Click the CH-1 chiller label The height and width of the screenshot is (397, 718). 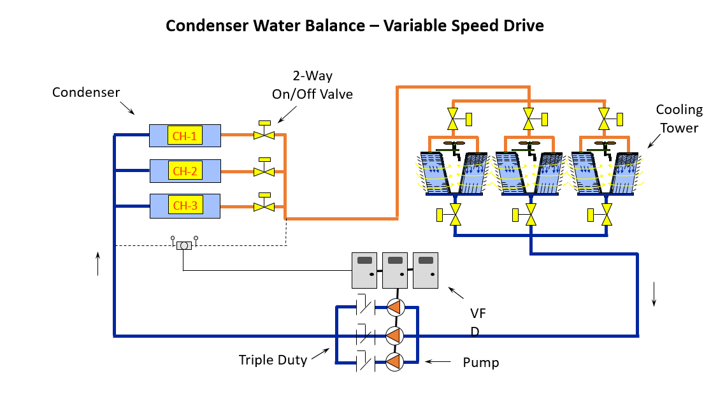pos(185,136)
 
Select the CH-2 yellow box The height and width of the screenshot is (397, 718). pos(185,171)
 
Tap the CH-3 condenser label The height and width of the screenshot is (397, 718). pos(185,205)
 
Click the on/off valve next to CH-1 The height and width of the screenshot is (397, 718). pos(264,131)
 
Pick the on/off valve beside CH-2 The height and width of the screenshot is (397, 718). pos(264,168)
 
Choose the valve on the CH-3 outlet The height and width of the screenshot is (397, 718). pos(264,203)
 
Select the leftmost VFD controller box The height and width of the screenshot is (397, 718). pos(364,270)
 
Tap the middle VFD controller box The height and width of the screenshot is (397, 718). pos(395,270)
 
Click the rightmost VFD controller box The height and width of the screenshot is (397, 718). pos(426,270)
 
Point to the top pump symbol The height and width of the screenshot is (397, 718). pos(395,307)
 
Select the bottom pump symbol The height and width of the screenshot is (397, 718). pos(395,362)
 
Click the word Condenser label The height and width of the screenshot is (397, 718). pos(86,92)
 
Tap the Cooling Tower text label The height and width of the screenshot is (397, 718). pos(679,119)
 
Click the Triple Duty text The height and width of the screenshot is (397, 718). pos(273,360)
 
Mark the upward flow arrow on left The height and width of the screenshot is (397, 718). pos(98,263)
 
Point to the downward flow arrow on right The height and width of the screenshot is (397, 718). pos(654,294)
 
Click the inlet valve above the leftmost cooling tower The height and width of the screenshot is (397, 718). pos(456,120)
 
